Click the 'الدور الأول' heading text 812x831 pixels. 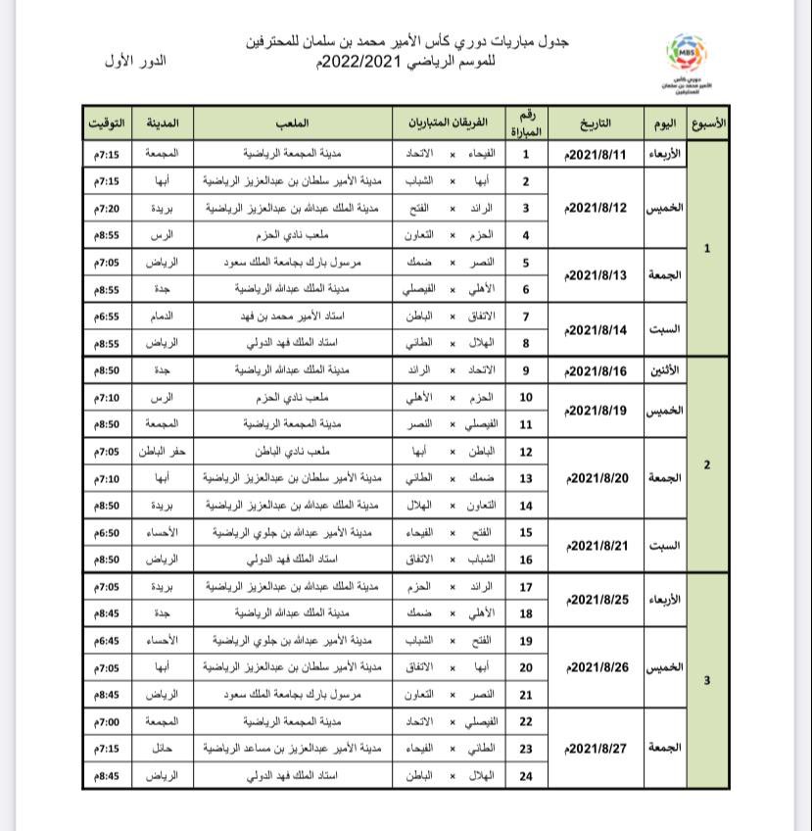coord(135,61)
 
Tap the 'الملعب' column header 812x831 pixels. coord(292,123)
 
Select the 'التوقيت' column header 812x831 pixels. coord(107,123)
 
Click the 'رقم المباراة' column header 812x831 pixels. coord(526,123)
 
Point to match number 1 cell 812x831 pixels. coord(526,154)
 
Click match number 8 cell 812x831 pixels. coord(526,344)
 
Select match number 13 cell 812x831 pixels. coord(526,478)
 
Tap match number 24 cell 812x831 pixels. coord(526,775)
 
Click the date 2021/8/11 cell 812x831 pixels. coord(597,154)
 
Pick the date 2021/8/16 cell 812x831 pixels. coord(597,371)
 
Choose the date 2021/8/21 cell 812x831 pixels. coord(597,546)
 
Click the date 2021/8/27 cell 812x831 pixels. coord(597,748)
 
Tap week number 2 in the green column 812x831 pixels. coord(707,464)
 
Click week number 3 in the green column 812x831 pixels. coord(707,680)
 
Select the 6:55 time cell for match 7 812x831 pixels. coord(107,318)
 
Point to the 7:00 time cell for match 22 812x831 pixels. coord(107,721)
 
